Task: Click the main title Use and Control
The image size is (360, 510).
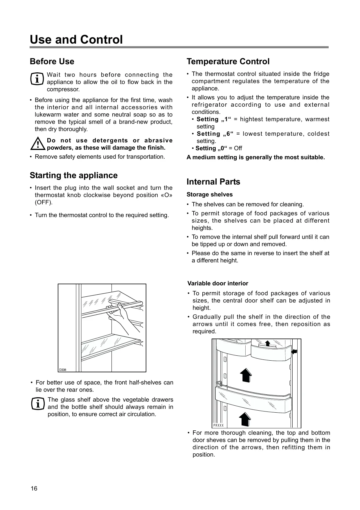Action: pyautogui.click(x=76, y=40)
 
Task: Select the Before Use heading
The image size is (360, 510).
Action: pyautogui.click(x=52, y=62)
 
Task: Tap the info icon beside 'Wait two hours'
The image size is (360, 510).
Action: pyautogui.click(x=37, y=78)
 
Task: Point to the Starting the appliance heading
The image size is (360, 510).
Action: pyautogui.click(x=73, y=176)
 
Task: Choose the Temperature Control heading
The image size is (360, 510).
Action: pyautogui.click(x=228, y=62)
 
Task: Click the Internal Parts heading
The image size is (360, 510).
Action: pyautogui.click(x=213, y=182)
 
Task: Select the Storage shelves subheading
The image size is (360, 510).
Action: pyautogui.click(x=209, y=195)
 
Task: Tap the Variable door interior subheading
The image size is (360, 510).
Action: pyautogui.click(x=218, y=284)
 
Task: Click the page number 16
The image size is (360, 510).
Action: pyautogui.click(x=34, y=488)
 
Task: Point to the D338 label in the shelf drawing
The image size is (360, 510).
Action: pyautogui.click(x=63, y=370)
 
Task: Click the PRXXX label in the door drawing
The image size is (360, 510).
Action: pyautogui.click(x=218, y=425)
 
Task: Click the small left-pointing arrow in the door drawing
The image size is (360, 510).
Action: pyautogui.click(x=294, y=352)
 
